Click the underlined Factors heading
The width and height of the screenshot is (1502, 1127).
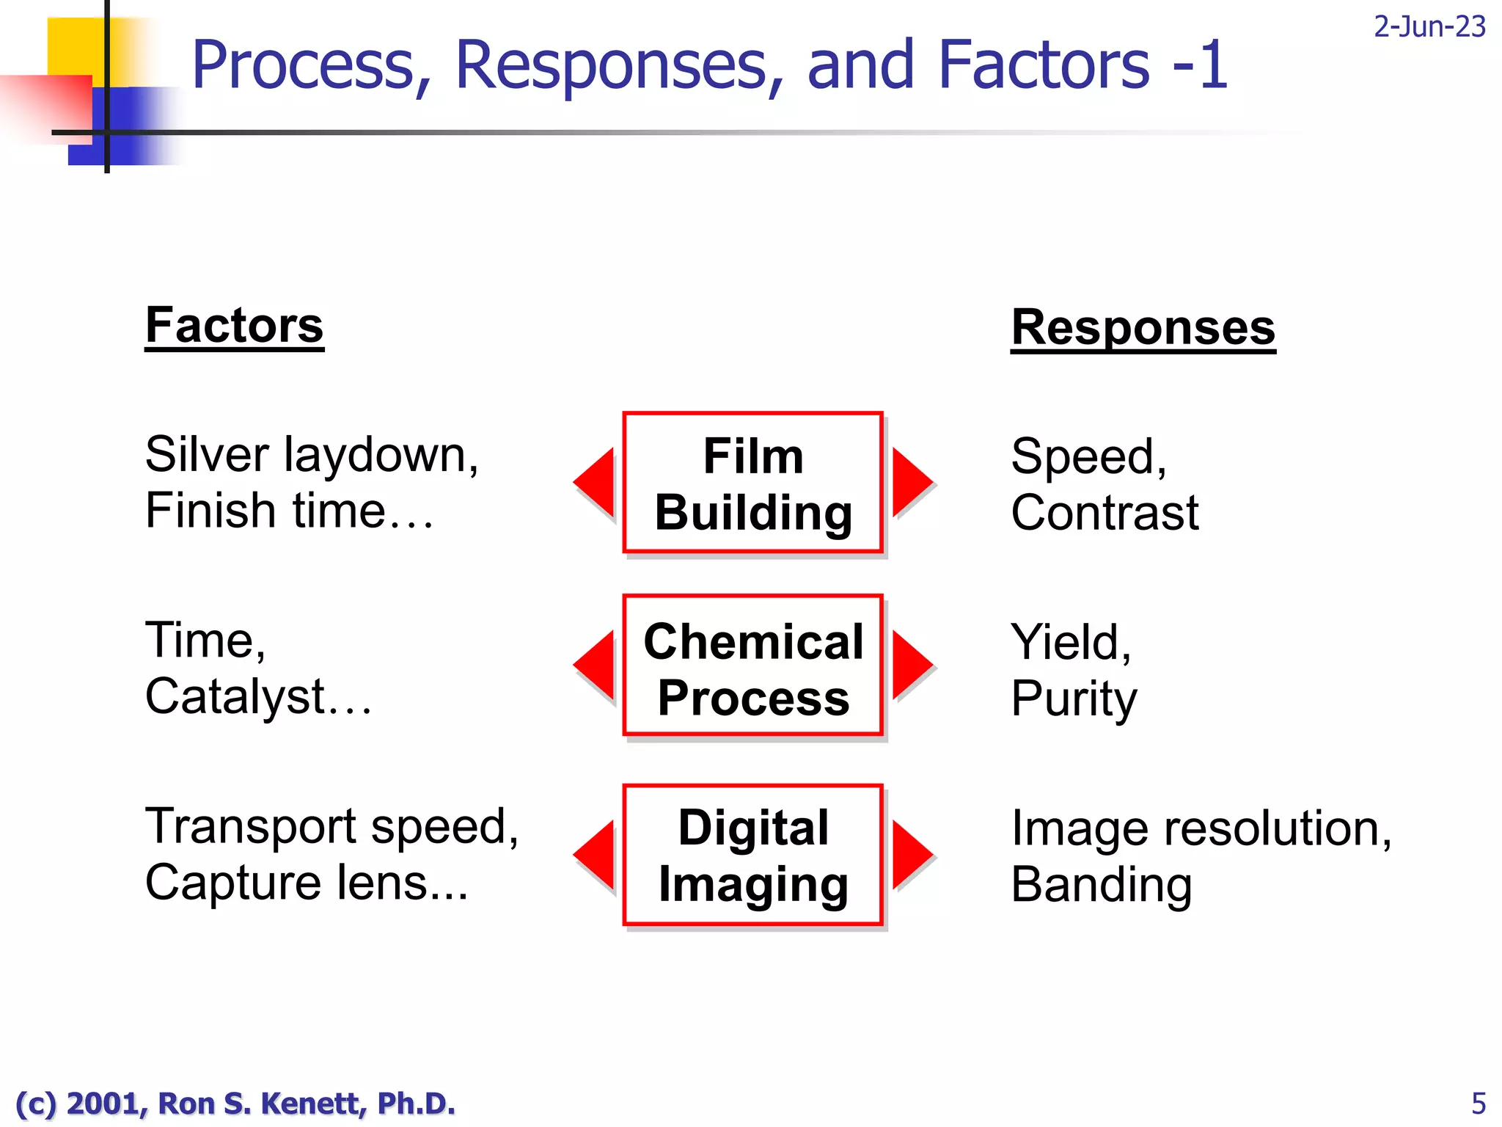[x=234, y=326]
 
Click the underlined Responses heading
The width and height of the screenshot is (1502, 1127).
[x=1143, y=327]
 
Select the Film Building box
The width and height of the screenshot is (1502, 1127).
[x=752, y=483]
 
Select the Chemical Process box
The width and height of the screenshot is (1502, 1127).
[x=752, y=665]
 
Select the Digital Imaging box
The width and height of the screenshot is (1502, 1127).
[x=752, y=855]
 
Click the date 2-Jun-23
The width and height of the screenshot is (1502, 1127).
[x=1429, y=27]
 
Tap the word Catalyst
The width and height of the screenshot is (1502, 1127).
[x=235, y=696]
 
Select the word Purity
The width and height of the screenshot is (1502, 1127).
[x=1073, y=699]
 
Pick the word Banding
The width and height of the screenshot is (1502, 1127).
[x=1101, y=885]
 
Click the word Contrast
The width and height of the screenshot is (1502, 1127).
[x=1104, y=512]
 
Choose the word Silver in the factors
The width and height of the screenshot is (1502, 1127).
[x=207, y=454]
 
